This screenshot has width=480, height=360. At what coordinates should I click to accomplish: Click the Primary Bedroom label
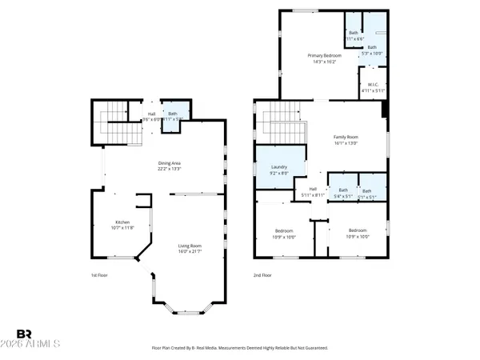coord(325,54)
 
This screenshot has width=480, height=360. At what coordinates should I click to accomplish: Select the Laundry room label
coord(280,166)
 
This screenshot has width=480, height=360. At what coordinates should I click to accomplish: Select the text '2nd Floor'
coord(262,274)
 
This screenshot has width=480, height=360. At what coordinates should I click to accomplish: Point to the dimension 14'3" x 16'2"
coord(325,61)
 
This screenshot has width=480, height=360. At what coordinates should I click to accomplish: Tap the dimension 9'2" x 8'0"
coord(280,173)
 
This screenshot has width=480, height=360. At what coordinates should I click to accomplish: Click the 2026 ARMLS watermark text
coord(38,346)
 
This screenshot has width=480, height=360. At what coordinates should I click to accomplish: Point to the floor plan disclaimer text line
coord(239,348)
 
